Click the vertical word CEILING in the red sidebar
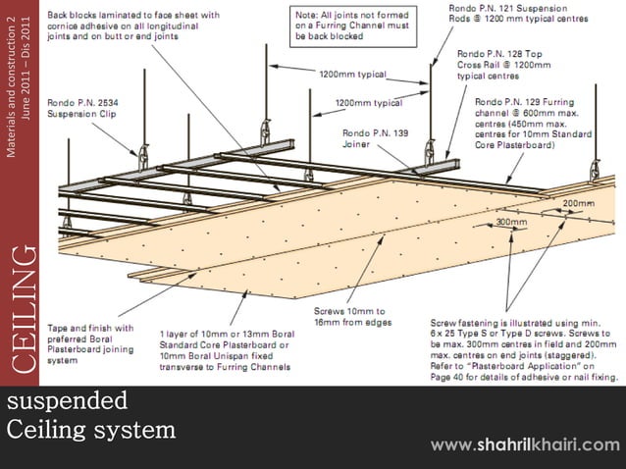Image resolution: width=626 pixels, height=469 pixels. (22, 309)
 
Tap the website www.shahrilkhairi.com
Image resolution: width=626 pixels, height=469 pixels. (525, 445)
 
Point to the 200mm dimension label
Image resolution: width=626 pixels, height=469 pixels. (578, 203)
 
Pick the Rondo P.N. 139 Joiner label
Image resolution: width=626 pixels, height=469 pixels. (371, 139)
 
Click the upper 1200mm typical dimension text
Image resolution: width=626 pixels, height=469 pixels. (352, 74)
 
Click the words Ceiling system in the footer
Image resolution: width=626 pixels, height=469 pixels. (90, 430)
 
